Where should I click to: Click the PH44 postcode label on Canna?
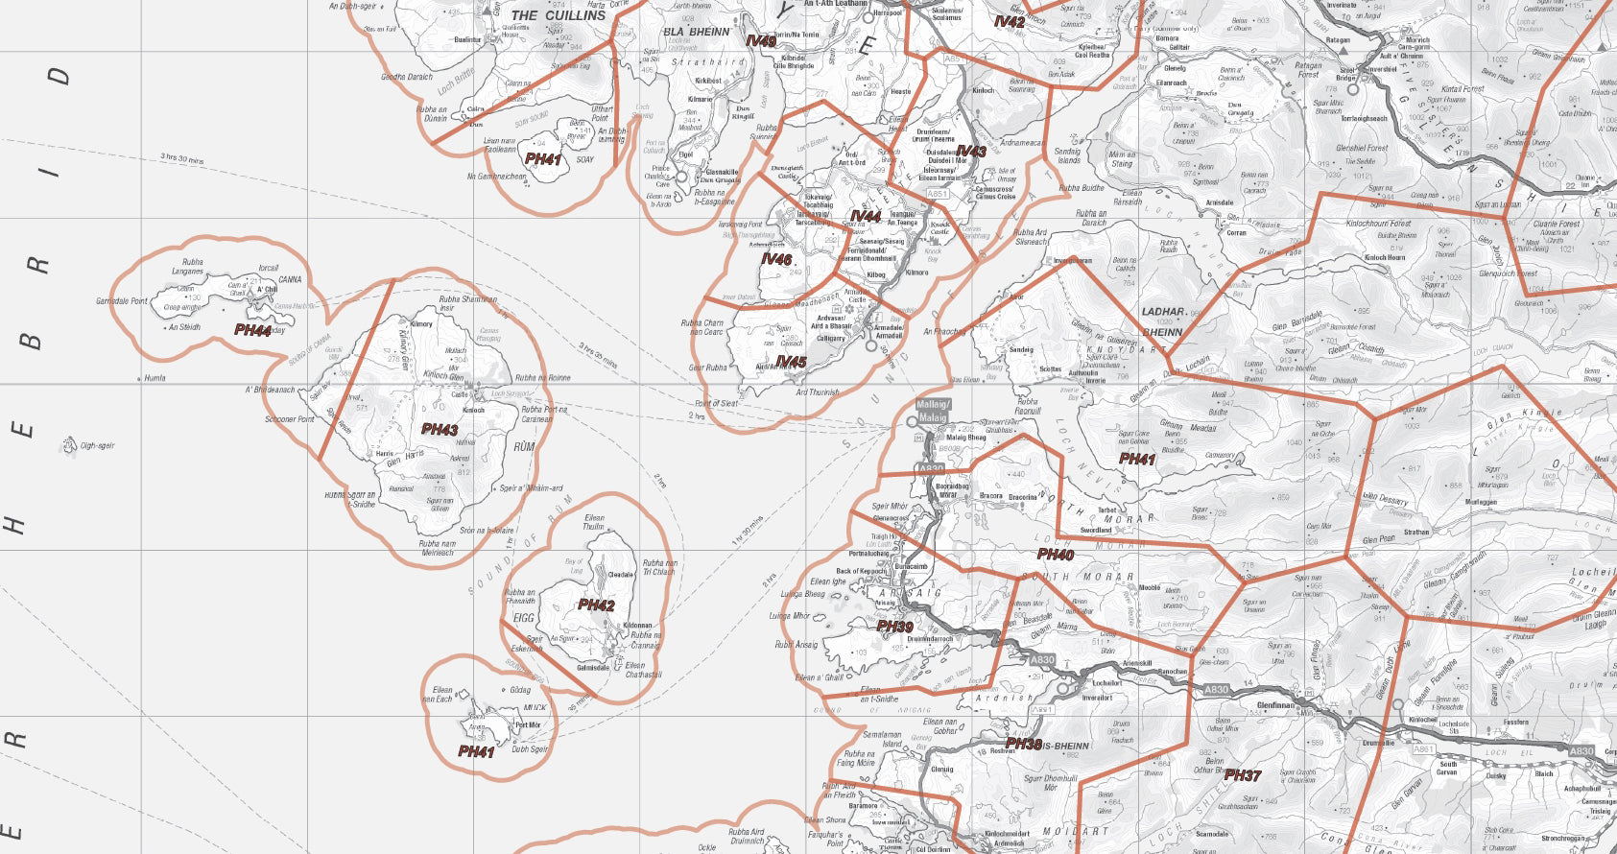pyautogui.click(x=252, y=330)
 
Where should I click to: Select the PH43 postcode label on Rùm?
pyautogui.click(x=440, y=429)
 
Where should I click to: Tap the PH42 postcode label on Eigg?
pyautogui.click(x=596, y=605)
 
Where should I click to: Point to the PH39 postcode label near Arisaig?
pyautogui.click(x=894, y=627)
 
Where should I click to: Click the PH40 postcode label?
pyautogui.click(x=1056, y=555)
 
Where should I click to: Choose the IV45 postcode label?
pyautogui.click(x=791, y=362)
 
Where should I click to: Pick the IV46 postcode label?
pyautogui.click(x=776, y=259)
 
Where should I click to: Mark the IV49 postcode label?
pyautogui.click(x=761, y=41)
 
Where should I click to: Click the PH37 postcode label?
pyautogui.click(x=1242, y=775)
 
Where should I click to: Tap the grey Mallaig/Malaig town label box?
pyautogui.click(x=933, y=411)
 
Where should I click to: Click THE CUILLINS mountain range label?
pyautogui.click(x=559, y=15)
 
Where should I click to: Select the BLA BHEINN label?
pyautogui.click(x=697, y=32)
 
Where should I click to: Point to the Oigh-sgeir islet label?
pyautogui.click(x=97, y=445)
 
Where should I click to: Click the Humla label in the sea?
pyautogui.click(x=155, y=378)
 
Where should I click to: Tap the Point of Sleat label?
pyautogui.click(x=716, y=403)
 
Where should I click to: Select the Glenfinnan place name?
pyautogui.click(x=1276, y=705)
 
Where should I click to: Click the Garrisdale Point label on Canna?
pyautogui.click(x=122, y=301)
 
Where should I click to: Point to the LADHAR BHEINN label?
pyautogui.click(x=1162, y=321)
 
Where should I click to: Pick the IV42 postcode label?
pyautogui.click(x=1010, y=21)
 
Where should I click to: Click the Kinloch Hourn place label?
pyautogui.click(x=1385, y=258)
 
